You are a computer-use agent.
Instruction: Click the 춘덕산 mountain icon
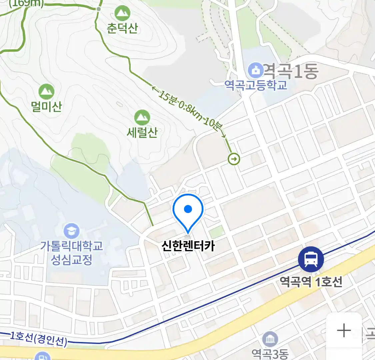point(122,13)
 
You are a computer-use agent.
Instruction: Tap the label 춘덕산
point(122,28)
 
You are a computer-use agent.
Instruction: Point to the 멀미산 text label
point(46,106)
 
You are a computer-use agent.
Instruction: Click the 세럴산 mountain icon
point(142,118)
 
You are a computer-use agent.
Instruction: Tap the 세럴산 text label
point(142,132)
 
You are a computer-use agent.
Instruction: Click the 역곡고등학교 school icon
point(256,70)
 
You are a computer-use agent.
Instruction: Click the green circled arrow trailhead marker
point(234,159)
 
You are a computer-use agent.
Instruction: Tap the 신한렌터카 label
point(188,246)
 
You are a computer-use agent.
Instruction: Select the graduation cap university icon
point(72,231)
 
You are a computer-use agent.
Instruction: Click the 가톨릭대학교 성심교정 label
point(72,253)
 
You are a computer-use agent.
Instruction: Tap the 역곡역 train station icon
point(311,259)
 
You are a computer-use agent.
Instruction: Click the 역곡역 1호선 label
point(311,282)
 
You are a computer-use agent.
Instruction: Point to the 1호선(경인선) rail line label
point(38,339)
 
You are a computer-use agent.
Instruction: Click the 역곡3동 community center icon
point(270,339)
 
